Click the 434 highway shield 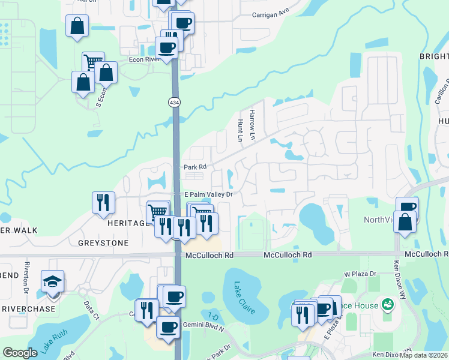click(174, 103)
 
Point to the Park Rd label click(194, 167)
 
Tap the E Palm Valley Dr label click(208, 194)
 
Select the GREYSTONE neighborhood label click(103, 243)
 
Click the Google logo click(20, 353)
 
